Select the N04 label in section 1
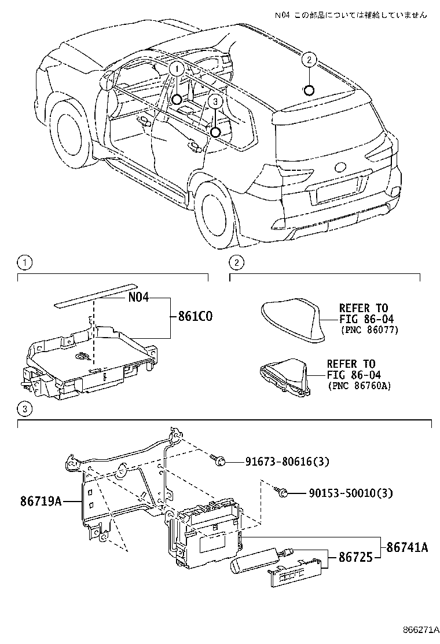[x=139, y=298]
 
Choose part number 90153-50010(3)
[x=342, y=493]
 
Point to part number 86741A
[x=407, y=546]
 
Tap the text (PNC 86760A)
[x=359, y=385]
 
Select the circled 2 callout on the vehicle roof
[x=309, y=60]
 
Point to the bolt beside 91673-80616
[x=219, y=461]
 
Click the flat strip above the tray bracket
[x=93, y=294]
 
